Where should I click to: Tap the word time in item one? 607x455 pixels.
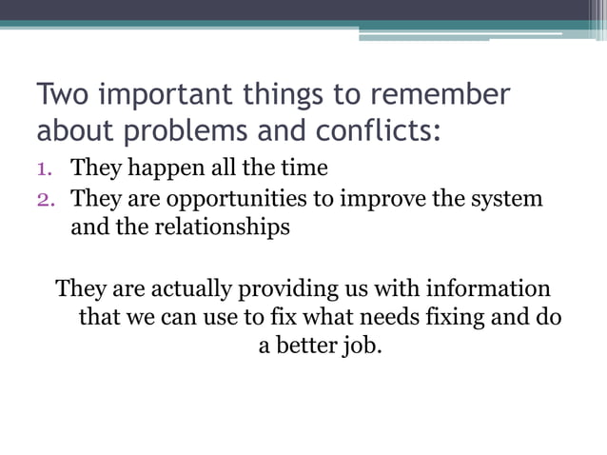click(305, 169)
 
